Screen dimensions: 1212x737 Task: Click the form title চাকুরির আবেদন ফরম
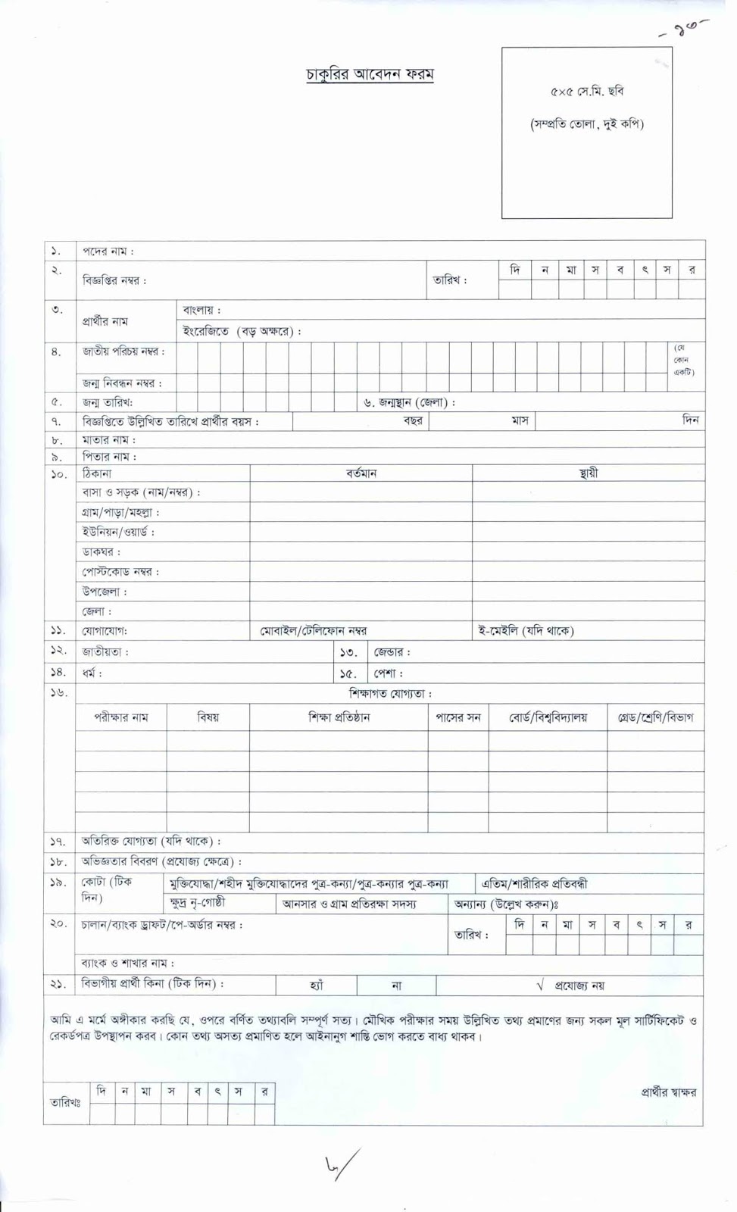(370, 74)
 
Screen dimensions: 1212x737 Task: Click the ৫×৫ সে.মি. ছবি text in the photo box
(587, 91)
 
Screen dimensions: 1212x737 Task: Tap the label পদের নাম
(108, 251)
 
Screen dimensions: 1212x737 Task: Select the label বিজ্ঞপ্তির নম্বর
(114, 280)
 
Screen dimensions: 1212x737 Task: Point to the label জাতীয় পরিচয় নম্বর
(123, 351)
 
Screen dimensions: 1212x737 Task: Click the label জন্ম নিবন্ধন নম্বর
(122, 383)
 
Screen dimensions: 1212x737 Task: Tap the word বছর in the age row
(413, 420)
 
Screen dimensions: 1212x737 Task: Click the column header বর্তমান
(361, 473)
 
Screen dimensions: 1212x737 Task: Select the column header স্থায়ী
(588, 473)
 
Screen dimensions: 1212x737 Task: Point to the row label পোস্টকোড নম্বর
(120, 572)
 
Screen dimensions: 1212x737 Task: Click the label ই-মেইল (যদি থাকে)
(526, 630)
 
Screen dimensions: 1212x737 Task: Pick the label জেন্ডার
(392, 652)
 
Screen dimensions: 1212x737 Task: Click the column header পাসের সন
(458, 717)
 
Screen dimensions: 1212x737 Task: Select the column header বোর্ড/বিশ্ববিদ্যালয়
(548, 717)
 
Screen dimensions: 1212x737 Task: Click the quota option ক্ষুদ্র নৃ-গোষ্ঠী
(197, 903)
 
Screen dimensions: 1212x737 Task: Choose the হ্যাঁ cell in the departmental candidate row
(317, 986)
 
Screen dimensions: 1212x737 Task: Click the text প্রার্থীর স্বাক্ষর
(668, 1092)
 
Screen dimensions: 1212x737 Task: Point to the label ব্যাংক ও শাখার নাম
(127, 964)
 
